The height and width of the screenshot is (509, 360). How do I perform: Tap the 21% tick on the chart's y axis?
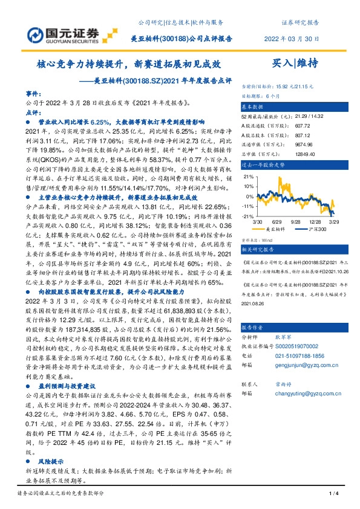248,177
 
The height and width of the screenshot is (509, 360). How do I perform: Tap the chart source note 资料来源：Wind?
256,239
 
